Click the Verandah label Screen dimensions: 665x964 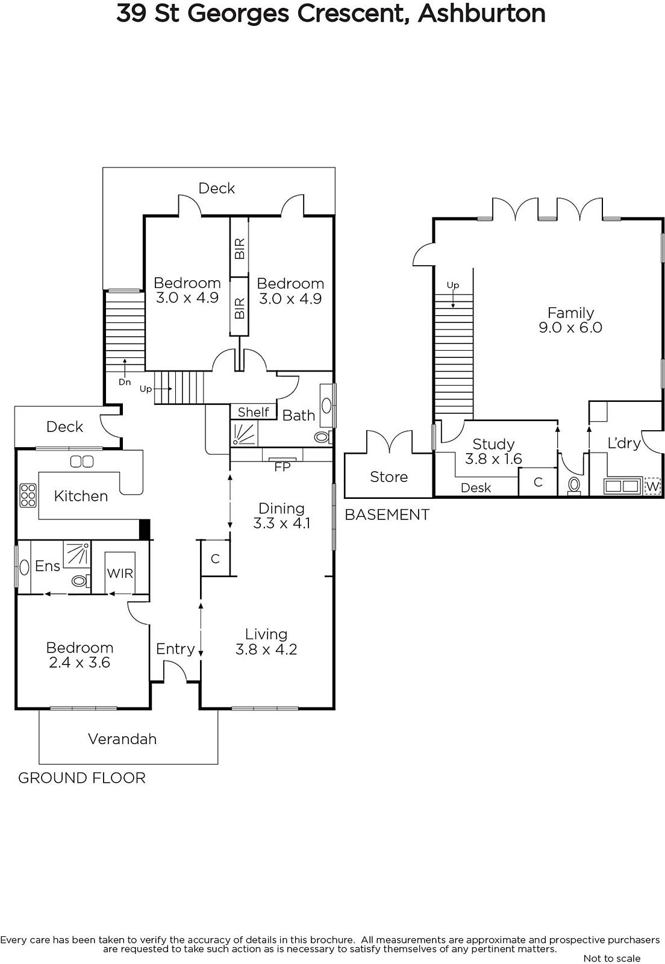(x=122, y=739)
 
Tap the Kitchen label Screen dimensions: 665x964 (x=81, y=496)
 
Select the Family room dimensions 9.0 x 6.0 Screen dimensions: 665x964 (x=570, y=328)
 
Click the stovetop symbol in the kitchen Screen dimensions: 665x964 (x=28, y=495)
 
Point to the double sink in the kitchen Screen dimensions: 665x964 (x=82, y=462)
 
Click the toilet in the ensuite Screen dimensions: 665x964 (x=81, y=581)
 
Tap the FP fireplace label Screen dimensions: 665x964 (x=283, y=467)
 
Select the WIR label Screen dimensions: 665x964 (x=120, y=573)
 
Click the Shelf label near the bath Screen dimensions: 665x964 (x=253, y=412)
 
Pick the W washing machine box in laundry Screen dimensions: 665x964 (x=652, y=487)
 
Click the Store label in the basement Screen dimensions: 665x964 (x=389, y=477)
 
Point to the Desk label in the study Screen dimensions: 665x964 (x=476, y=487)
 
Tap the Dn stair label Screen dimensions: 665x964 (x=125, y=382)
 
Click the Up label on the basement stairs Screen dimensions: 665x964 (x=453, y=286)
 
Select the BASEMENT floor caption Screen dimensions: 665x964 (x=387, y=515)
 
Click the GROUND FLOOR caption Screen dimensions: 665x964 (x=82, y=778)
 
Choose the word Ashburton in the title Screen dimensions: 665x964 (x=482, y=14)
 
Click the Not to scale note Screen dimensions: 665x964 (x=612, y=959)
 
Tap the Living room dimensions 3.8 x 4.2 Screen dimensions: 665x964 (x=266, y=649)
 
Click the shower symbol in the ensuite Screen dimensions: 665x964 (x=77, y=554)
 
